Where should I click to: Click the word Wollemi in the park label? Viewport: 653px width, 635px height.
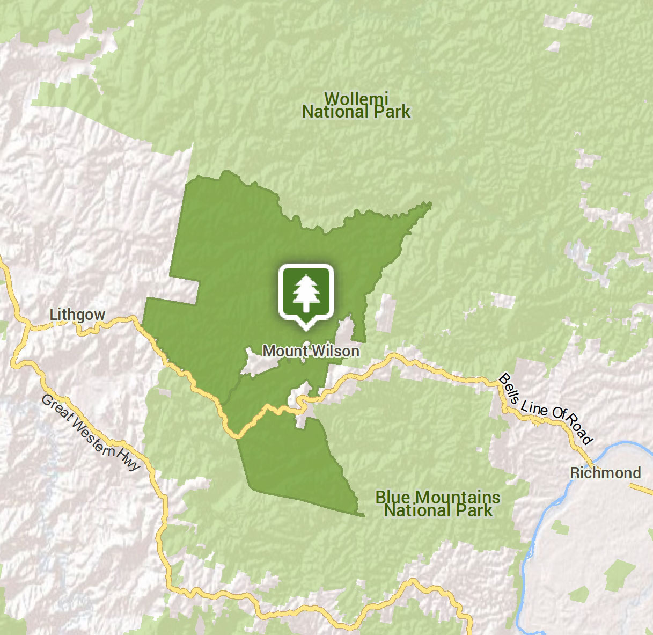tap(356, 99)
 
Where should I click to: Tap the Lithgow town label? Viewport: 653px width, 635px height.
tap(77, 314)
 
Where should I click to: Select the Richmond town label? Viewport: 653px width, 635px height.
tap(605, 473)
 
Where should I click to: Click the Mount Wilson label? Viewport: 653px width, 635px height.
tap(311, 351)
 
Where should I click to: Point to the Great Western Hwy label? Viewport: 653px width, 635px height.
tap(90, 433)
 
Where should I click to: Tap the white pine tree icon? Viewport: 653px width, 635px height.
tap(306, 293)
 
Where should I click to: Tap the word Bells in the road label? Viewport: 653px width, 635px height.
tap(509, 389)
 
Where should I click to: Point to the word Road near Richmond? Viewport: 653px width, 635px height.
tap(580, 429)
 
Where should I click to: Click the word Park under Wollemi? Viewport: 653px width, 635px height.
tap(387, 112)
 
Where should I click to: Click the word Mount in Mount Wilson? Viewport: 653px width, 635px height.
tap(285, 351)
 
